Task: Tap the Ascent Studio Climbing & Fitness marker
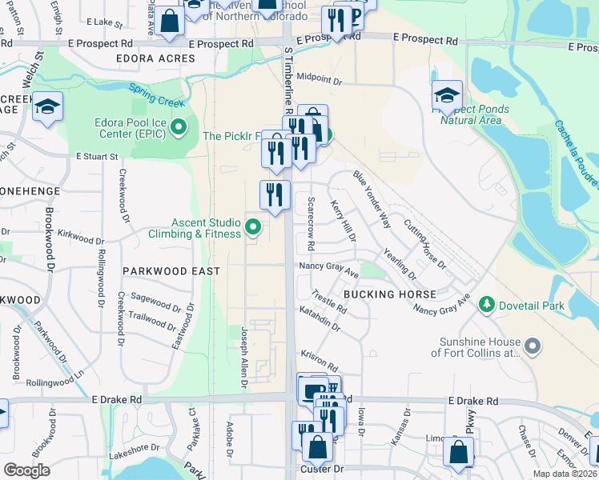[x=254, y=228]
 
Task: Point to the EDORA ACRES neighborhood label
[x=151, y=58]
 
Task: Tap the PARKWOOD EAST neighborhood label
[x=171, y=271]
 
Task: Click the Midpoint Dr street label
[x=319, y=81]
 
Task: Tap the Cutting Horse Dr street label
[x=424, y=244]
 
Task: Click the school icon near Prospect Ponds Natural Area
[x=447, y=97]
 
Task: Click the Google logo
[x=26, y=470]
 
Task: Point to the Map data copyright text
[x=565, y=474]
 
